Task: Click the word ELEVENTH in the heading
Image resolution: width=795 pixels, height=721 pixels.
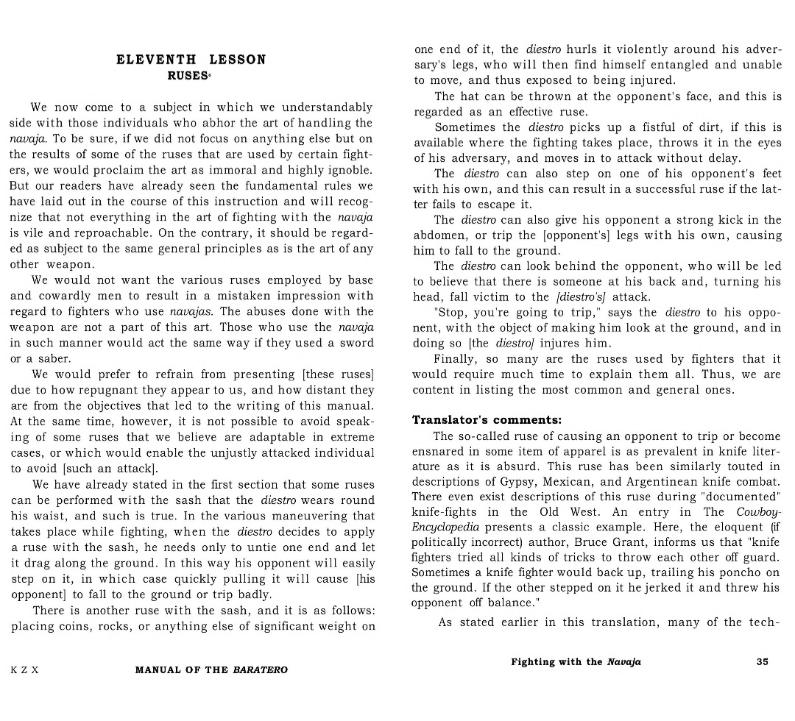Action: (x=156, y=60)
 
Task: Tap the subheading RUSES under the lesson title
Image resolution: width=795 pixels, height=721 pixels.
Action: (x=188, y=75)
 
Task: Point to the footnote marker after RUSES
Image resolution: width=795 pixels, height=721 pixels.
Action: (x=211, y=73)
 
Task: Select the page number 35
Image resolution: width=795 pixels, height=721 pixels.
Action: (x=762, y=661)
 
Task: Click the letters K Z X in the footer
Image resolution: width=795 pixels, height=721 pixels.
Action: (x=24, y=670)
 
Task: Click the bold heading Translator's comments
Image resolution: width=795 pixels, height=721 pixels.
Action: (x=486, y=420)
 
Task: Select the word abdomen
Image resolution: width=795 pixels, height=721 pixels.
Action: (x=439, y=235)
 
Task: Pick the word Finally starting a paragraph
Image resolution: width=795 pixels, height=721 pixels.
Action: (x=456, y=359)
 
